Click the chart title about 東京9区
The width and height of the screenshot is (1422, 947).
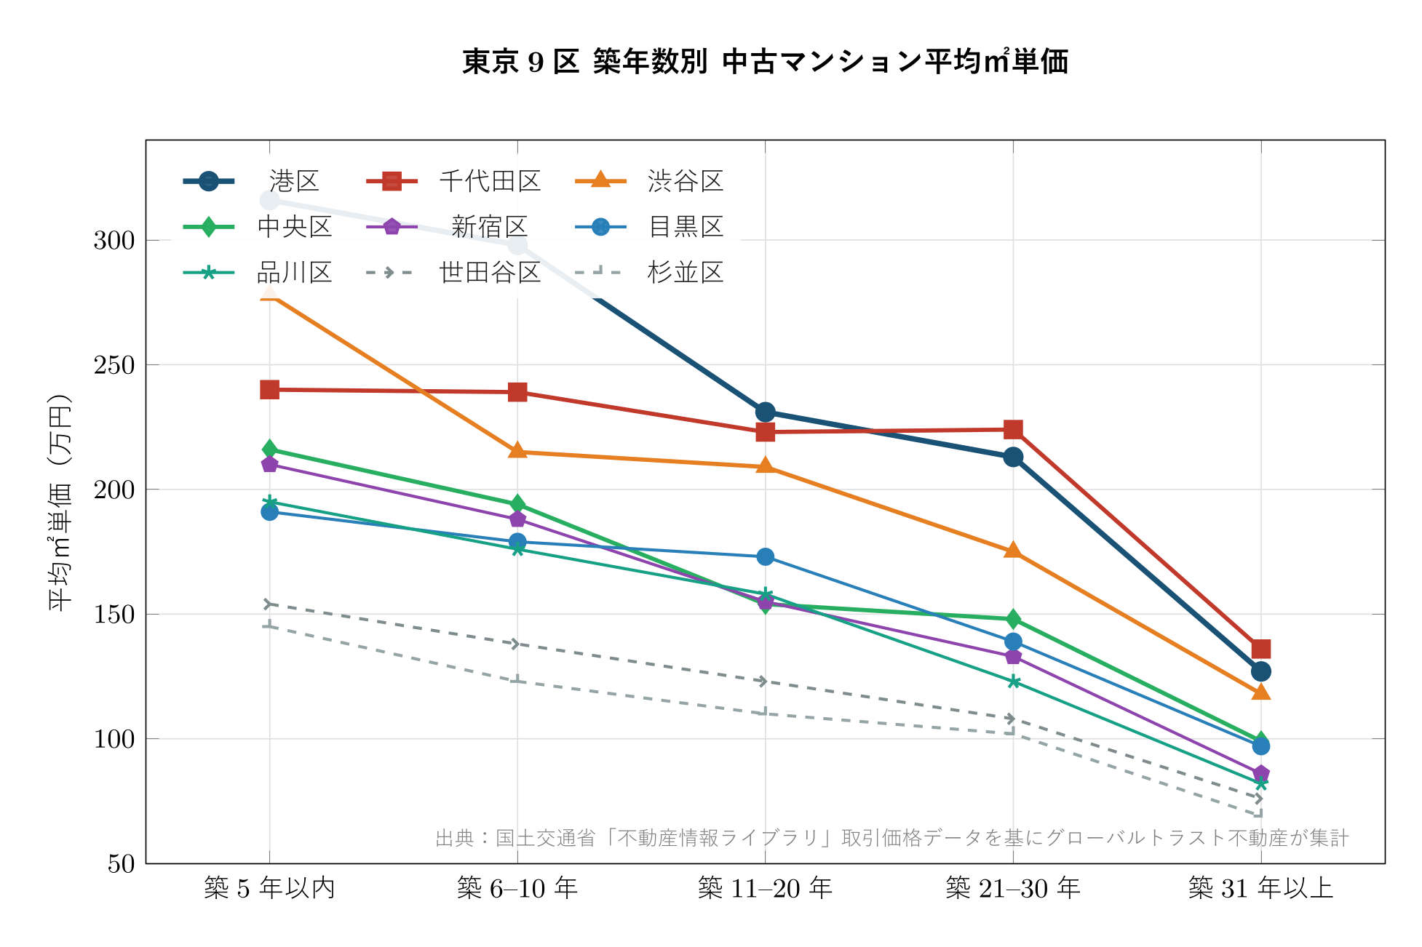click(x=765, y=62)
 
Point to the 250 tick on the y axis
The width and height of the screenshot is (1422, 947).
click(x=114, y=365)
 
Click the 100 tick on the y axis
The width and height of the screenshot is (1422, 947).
click(x=114, y=739)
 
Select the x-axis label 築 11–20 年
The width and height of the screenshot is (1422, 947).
click(x=765, y=888)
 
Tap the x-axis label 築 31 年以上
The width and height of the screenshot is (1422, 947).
click(x=1260, y=888)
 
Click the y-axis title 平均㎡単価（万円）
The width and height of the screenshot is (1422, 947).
click(x=60, y=502)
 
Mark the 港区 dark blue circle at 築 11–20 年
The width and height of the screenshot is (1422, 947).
click(x=765, y=412)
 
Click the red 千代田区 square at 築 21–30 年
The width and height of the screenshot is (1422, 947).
click(x=1013, y=429)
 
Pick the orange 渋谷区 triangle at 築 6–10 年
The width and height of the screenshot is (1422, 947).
click(x=517, y=451)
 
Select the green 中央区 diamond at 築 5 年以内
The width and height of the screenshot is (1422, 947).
click(x=269, y=449)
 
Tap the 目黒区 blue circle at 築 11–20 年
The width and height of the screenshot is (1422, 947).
click(x=765, y=556)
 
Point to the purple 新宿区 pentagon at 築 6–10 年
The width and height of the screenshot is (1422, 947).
click(x=517, y=519)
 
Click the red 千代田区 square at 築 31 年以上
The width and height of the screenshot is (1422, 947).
click(x=1261, y=649)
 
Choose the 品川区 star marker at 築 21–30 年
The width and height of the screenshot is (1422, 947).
click(x=1013, y=682)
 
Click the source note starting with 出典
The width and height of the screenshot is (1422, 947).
click(x=891, y=838)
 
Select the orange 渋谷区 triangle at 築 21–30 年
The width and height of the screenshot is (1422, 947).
click(x=1013, y=551)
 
